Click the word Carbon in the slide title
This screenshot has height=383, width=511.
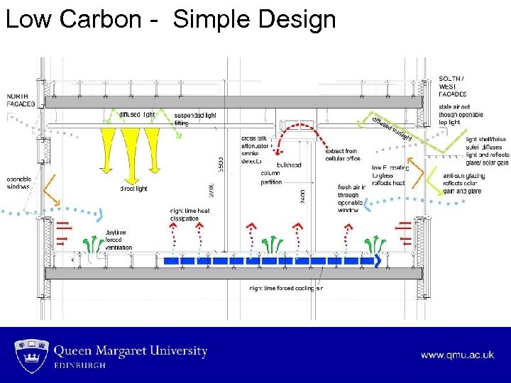coord(101,19)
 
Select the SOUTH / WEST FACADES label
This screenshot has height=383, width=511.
coord(453,86)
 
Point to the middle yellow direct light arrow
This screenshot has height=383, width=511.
coord(130,145)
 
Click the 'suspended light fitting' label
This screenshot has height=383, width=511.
coord(194,118)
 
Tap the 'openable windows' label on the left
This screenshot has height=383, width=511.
coord(19,183)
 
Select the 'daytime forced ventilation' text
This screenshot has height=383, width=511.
coord(119,240)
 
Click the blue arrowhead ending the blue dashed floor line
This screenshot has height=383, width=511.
coord(378,261)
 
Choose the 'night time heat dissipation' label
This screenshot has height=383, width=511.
coord(190,214)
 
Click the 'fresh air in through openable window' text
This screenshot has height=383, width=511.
coord(352,199)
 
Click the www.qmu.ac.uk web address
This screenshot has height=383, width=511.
coord(457,355)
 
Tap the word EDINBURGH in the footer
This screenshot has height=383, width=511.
coord(80,365)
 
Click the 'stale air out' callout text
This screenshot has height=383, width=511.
coord(461,114)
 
